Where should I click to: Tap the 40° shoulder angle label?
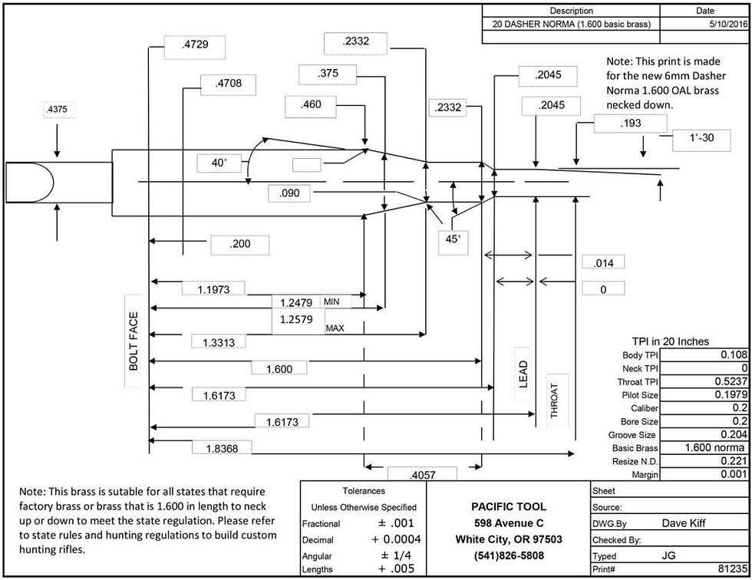click(220, 163)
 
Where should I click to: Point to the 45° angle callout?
click(453, 239)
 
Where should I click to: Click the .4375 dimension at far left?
click(57, 110)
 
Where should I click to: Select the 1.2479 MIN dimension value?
click(296, 302)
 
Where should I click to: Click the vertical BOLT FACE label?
click(134, 341)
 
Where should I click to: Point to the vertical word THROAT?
click(555, 400)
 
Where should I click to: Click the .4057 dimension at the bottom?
click(422, 476)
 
